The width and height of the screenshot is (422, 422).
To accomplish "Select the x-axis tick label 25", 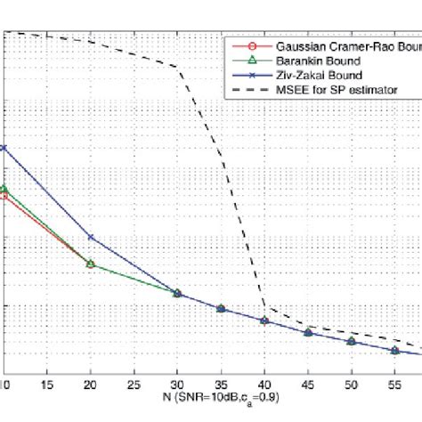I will coord(133,366).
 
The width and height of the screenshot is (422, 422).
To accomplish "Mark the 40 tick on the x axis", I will coord(264,366).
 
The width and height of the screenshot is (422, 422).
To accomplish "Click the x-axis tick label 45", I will coord(308,366).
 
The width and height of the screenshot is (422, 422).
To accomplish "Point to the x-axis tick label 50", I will coord(352,366).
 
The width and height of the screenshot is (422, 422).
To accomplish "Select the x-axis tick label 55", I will coord(395,366).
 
